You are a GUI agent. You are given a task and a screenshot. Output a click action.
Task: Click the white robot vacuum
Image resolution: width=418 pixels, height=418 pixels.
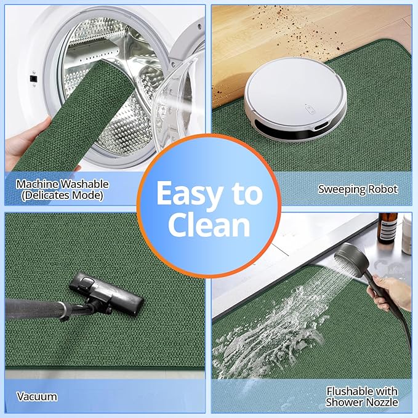point(295,98)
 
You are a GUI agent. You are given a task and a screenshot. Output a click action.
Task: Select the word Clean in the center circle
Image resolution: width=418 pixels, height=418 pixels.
point(209,225)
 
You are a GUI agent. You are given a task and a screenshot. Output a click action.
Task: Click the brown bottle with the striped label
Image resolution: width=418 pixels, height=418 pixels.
point(387,228)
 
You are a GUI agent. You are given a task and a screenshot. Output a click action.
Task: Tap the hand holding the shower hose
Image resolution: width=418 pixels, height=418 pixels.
point(390,293)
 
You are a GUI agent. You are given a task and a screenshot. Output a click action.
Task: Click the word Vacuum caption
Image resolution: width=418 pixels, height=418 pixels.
point(37,396)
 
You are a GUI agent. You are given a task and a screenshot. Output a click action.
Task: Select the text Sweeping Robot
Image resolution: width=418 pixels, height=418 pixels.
point(358,189)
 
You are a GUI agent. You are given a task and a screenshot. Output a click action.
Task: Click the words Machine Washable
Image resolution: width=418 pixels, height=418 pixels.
point(62,184)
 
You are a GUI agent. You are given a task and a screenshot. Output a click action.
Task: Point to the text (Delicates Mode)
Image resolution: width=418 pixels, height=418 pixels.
point(62,195)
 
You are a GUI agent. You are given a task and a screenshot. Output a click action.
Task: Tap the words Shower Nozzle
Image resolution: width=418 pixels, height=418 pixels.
point(362,402)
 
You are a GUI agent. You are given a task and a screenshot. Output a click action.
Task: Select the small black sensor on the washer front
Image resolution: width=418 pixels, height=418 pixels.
point(33,79)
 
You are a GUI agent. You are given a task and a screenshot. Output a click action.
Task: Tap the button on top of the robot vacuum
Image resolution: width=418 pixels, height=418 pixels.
point(310,110)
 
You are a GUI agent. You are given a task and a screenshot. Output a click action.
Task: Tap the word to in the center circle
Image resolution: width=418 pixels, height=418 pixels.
point(247,195)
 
